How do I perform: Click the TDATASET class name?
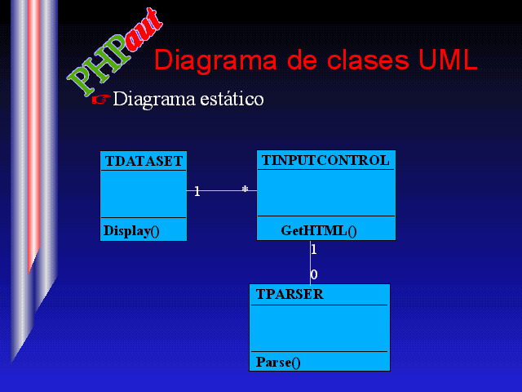click(x=144, y=162)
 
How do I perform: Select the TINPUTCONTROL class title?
click(x=325, y=160)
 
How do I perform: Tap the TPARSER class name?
click(x=290, y=294)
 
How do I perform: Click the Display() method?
click(x=131, y=231)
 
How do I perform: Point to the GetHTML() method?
click(x=319, y=230)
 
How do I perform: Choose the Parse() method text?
click(x=278, y=363)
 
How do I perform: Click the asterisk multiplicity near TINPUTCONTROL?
click(x=245, y=189)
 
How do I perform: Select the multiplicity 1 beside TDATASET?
click(x=197, y=191)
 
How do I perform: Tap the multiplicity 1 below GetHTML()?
click(x=313, y=249)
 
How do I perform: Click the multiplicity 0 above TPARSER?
click(x=314, y=274)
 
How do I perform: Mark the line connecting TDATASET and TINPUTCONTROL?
click(x=222, y=190)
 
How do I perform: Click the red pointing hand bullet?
click(x=101, y=99)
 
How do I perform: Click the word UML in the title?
click(x=448, y=60)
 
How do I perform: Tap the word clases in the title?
click(x=368, y=60)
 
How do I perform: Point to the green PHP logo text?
click(x=99, y=65)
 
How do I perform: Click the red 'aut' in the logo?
click(x=144, y=30)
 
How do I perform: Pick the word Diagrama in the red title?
click(x=215, y=60)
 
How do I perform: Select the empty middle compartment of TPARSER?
click(x=320, y=328)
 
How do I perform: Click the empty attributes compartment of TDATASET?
click(x=144, y=194)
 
